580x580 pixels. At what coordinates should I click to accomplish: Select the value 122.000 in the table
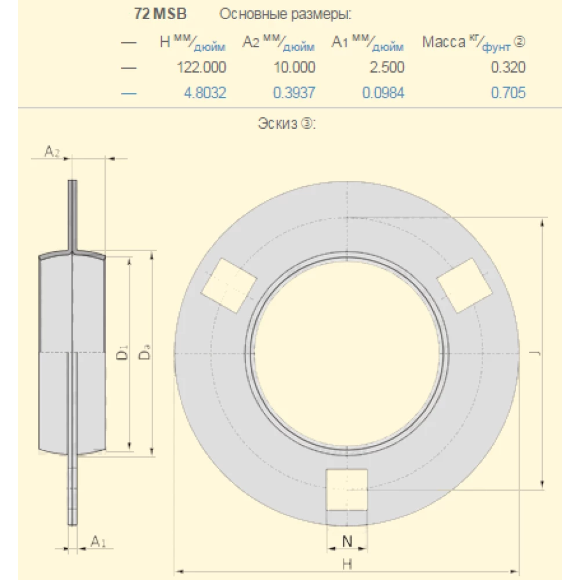coord(201,67)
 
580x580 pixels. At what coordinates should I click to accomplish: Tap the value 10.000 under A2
coord(294,67)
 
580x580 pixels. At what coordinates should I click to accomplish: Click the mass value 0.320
coord(508,67)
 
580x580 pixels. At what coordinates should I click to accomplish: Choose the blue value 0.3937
coord(294,92)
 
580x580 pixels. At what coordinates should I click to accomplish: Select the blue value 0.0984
coord(383,92)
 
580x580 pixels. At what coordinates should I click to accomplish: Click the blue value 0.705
coord(508,92)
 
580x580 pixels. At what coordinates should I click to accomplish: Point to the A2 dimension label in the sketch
coord(52,152)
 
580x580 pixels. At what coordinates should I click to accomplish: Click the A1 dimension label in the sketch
coord(98,542)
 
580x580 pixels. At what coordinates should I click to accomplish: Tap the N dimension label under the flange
coord(347,542)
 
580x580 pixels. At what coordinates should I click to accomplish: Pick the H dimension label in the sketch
coord(347,563)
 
